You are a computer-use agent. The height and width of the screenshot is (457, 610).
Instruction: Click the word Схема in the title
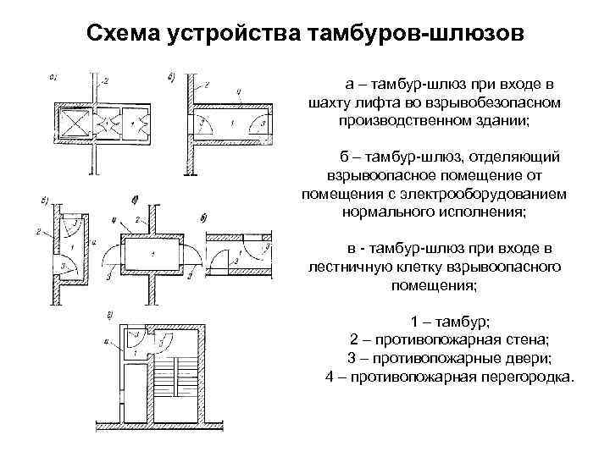[x=124, y=35]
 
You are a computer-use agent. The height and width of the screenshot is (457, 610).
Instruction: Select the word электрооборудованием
[x=487, y=195]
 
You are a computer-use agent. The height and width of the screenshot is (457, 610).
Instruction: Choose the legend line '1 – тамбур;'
[x=449, y=322]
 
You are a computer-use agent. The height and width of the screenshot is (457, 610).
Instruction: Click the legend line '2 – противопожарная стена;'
[x=449, y=340]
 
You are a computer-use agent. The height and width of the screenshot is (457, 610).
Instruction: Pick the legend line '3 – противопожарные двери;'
[x=449, y=358]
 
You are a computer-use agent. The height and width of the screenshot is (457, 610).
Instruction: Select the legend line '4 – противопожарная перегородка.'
[x=449, y=376]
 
